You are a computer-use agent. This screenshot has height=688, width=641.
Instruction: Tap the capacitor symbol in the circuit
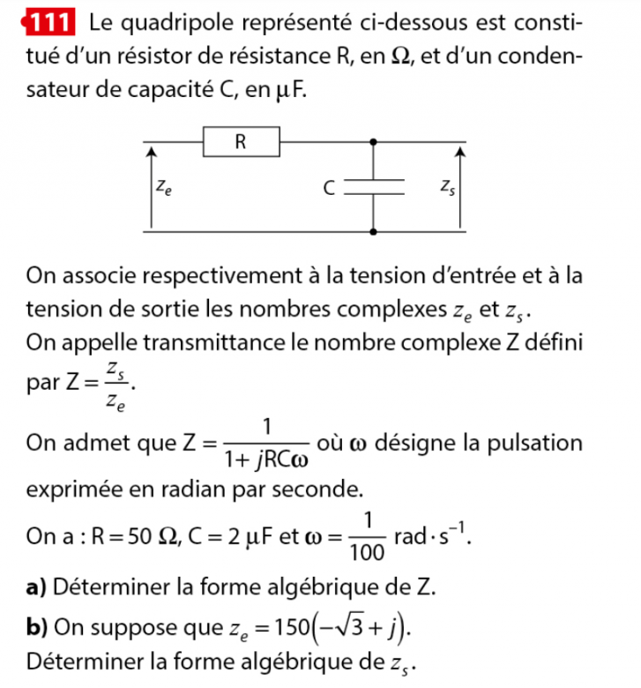click(x=376, y=187)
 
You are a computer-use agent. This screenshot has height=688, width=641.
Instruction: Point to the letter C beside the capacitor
click(x=328, y=187)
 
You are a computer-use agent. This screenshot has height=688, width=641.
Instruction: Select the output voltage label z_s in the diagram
click(x=447, y=186)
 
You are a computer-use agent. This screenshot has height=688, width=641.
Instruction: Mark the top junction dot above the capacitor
click(x=376, y=141)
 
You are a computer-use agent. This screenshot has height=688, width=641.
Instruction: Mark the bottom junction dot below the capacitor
click(x=376, y=233)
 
